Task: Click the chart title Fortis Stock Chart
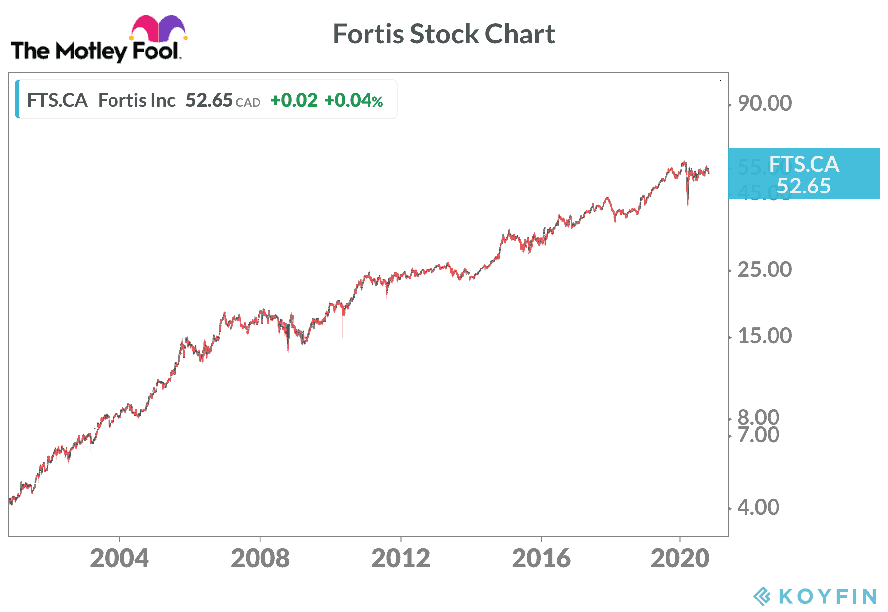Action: coord(444,34)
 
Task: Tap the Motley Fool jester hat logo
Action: coord(158,29)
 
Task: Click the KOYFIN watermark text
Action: coord(827,596)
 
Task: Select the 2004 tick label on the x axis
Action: coord(119,559)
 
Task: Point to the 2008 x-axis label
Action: coord(260,559)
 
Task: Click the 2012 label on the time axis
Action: coord(401,559)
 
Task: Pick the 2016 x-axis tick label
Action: coord(541,559)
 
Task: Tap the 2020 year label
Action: coord(680,559)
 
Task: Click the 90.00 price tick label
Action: coord(764,103)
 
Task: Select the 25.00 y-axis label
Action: coord(764,269)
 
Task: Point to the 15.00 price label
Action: coord(764,336)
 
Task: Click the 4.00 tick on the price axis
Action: coord(758,507)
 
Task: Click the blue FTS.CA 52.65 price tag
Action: coord(804,174)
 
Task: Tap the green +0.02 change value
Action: coord(294,100)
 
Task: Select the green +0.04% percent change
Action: coord(353,100)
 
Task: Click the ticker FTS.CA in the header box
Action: coord(57,100)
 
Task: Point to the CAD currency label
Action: coord(248,103)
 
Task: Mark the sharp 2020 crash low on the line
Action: coord(688,203)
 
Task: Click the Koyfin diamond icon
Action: coord(762,596)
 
